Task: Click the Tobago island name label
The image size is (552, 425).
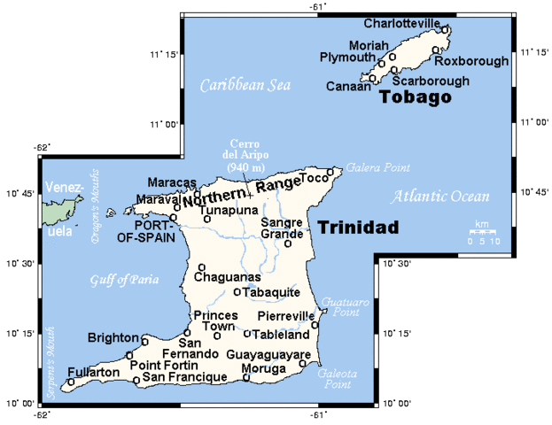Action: [x=415, y=97]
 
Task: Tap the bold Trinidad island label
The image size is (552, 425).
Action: [x=358, y=228]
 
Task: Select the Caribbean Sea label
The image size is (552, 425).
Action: [x=245, y=86]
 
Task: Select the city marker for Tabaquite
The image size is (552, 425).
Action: [x=237, y=292]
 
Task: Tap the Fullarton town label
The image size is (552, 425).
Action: [x=92, y=373]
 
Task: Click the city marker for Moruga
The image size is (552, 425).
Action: [x=246, y=378]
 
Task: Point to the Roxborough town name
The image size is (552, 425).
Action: [x=471, y=61]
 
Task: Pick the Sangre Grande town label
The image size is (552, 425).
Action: [x=282, y=228]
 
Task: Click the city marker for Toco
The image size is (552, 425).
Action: [x=331, y=173]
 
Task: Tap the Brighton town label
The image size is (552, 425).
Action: [x=113, y=337]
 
